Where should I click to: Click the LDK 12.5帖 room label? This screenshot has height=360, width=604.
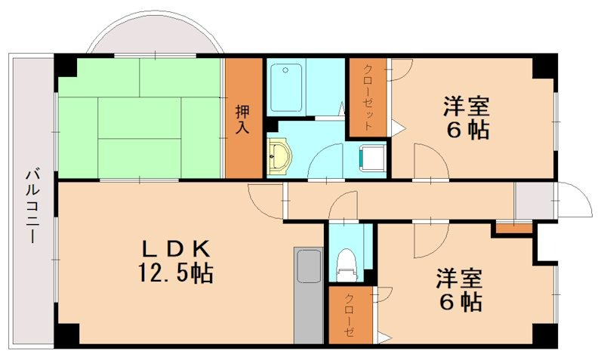tap(175, 260)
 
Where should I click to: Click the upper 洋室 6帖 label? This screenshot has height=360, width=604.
tap(466, 117)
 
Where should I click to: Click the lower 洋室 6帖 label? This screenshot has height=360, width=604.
tap(458, 291)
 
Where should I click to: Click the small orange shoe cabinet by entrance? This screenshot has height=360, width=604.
tap(513, 228)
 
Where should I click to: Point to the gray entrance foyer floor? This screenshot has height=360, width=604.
tap(533, 201)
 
